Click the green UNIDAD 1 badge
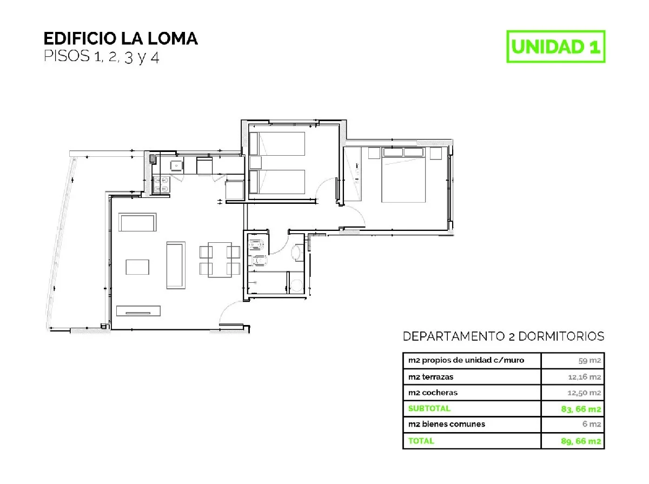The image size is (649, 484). pyautogui.click(x=555, y=47)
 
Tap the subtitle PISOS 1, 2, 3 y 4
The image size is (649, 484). pyautogui.click(x=102, y=56)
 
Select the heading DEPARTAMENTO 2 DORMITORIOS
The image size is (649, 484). pyautogui.click(x=504, y=336)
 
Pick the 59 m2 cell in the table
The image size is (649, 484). pyautogui.click(x=590, y=361)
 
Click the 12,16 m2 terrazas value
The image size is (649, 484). pyautogui.click(x=585, y=377)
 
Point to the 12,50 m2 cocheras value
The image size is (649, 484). pyautogui.click(x=584, y=393)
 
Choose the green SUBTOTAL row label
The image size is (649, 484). pyautogui.click(x=429, y=408)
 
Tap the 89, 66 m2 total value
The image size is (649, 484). pyautogui.click(x=581, y=441)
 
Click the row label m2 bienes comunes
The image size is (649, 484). pyautogui.click(x=447, y=424)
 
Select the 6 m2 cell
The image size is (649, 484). pyautogui.click(x=592, y=424)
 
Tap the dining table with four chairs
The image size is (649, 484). pyautogui.click(x=220, y=260)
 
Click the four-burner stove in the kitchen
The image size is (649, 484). pyautogui.click(x=161, y=185)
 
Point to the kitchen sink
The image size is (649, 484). pyautogui.click(x=176, y=165)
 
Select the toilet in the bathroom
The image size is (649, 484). pyautogui.click(x=259, y=261)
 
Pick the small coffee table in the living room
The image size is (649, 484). pyautogui.click(x=137, y=267)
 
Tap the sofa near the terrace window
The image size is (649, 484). pyautogui.click(x=137, y=222)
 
